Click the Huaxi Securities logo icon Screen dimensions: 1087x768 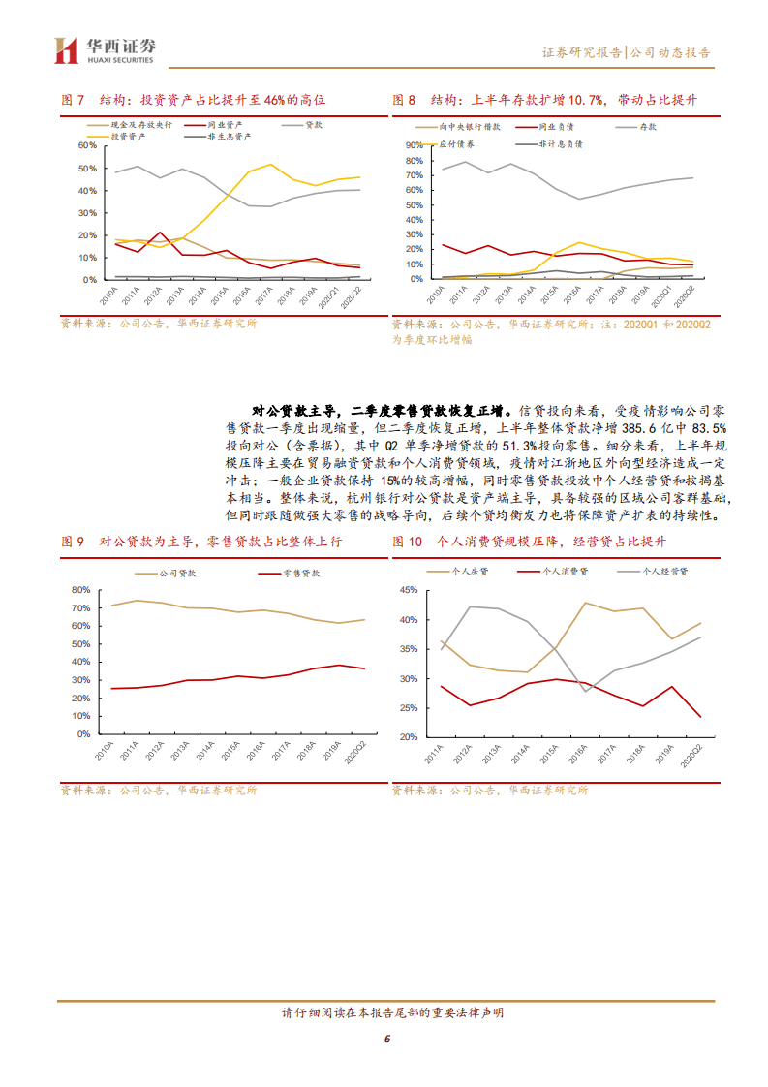[x=66, y=49]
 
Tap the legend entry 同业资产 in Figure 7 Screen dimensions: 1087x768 [x=226, y=125]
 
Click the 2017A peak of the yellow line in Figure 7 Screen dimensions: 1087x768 [x=270, y=164]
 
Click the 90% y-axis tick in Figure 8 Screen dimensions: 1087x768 [x=412, y=145]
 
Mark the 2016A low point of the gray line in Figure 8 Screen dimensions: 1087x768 [x=579, y=199]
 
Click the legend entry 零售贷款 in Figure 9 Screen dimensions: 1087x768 [x=301, y=575]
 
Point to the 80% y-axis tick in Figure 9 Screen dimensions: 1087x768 [x=80, y=589]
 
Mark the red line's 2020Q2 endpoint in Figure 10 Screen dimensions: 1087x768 [x=700, y=717]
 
